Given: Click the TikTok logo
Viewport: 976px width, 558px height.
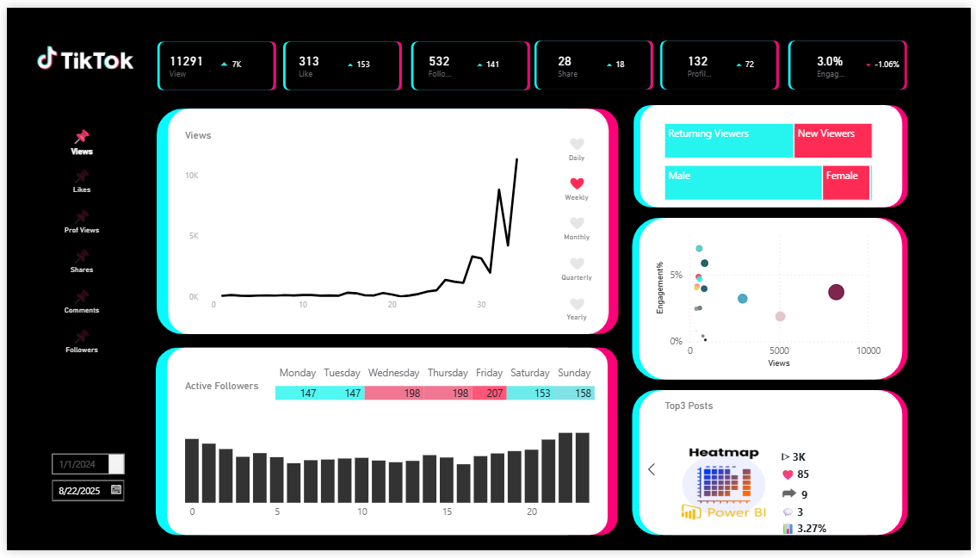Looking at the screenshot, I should (85, 59).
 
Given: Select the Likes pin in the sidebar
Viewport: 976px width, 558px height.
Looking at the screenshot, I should (82, 177).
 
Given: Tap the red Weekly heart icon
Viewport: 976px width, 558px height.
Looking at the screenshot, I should (577, 183).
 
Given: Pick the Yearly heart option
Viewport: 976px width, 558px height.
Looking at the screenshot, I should (577, 304).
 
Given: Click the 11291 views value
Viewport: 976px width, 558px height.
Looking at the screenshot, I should (186, 61).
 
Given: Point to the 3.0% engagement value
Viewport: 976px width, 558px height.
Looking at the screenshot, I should (830, 61).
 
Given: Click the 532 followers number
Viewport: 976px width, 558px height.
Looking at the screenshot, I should (439, 61).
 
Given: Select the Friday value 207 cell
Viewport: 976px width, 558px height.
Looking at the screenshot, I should (489, 393).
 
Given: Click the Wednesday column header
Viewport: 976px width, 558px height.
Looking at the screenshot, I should (393, 373).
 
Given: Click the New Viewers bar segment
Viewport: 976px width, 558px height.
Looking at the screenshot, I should (832, 140).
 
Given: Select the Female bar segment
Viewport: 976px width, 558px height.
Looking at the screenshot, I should (845, 183).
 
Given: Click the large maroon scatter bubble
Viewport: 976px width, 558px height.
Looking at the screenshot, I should (836, 292).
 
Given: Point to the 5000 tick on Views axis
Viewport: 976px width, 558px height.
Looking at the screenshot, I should (779, 351).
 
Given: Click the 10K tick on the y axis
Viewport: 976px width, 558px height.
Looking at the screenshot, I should (192, 176).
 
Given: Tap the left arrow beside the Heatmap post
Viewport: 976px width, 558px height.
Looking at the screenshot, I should (652, 469).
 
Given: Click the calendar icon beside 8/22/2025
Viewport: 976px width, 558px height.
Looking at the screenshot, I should (116, 490).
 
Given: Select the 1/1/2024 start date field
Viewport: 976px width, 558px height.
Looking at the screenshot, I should (80, 464).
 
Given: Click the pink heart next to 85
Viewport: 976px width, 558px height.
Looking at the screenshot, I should (787, 474).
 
